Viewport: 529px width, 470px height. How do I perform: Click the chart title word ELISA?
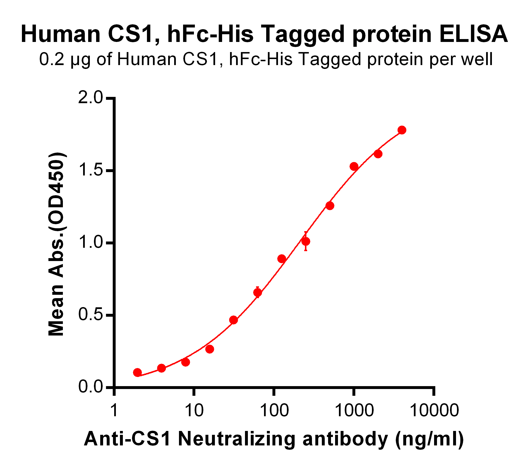point(473,34)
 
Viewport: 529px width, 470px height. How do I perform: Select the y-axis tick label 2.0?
point(90,98)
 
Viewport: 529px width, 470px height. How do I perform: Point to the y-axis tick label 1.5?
point(90,171)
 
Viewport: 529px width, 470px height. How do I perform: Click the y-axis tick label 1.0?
point(90,243)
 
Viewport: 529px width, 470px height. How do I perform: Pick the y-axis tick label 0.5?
point(90,315)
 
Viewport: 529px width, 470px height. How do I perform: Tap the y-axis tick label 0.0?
point(90,387)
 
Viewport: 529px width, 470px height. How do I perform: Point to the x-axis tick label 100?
point(274,410)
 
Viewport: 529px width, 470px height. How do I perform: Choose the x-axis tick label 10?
point(194,410)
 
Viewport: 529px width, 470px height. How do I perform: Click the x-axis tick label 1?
point(114,410)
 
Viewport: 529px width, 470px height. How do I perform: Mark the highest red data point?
point(402,130)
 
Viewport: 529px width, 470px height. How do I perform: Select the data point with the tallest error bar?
point(306,242)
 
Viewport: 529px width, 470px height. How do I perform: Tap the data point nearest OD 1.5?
point(354,167)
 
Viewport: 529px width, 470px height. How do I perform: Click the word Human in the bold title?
point(61,34)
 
